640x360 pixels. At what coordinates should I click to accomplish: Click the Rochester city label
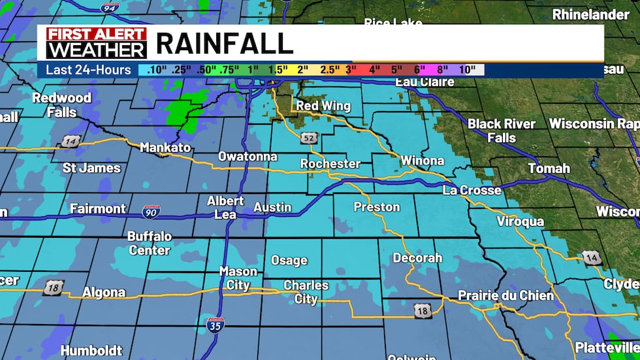(x=330, y=163)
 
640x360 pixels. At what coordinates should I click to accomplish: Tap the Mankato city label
(x=165, y=148)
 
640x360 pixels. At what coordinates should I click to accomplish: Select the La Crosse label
(x=472, y=190)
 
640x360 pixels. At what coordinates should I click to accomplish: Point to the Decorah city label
(x=417, y=258)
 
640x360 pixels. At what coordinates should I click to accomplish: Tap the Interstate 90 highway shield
(x=151, y=211)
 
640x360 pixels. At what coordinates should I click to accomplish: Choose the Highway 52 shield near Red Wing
(x=309, y=138)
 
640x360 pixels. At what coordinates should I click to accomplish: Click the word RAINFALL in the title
(x=224, y=43)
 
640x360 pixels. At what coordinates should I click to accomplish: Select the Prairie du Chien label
(x=505, y=295)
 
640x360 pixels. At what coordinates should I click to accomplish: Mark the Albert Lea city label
(x=225, y=207)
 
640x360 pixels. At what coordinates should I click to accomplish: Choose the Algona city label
(x=104, y=292)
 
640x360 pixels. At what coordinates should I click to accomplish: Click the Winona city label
(x=422, y=160)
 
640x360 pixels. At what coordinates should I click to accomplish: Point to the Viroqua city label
(x=520, y=221)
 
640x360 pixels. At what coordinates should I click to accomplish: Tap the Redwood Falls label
(x=62, y=105)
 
